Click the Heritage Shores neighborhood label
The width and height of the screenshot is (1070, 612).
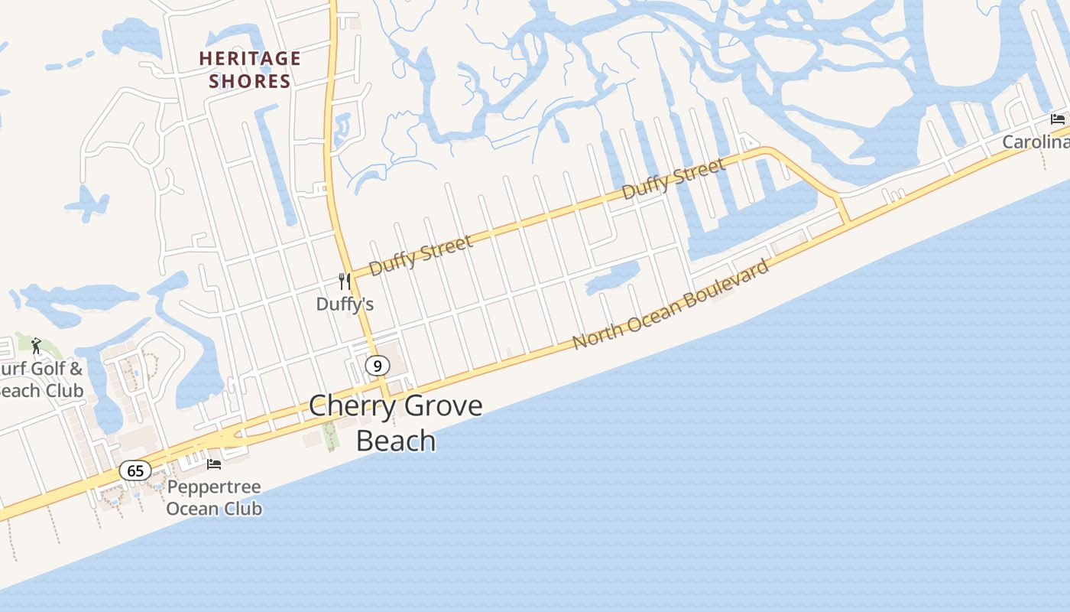[x=250, y=70]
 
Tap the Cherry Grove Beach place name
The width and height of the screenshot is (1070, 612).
[x=396, y=422]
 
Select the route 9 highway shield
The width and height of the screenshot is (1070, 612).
[x=377, y=366]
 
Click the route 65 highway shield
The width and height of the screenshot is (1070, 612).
[x=135, y=470]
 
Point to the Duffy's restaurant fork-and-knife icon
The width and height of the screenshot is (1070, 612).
[x=345, y=282]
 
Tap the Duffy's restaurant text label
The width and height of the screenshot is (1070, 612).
[x=345, y=304]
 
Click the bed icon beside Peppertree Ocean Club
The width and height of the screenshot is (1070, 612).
[x=214, y=464]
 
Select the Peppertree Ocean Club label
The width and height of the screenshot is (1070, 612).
[x=214, y=498]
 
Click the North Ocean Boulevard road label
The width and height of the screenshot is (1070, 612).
[x=671, y=304]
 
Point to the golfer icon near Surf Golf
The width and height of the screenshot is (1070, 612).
[x=36, y=346]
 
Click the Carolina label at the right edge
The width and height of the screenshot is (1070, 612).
[x=1036, y=142]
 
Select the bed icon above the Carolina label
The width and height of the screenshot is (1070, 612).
[x=1058, y=119]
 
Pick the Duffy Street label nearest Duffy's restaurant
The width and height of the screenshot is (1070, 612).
[x=420, y=256]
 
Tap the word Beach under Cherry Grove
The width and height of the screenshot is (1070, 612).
[x=396, y=441]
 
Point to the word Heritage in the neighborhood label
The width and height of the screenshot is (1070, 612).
[x=250, y=59]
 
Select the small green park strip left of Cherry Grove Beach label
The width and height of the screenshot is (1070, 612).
[x=330, y=437]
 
